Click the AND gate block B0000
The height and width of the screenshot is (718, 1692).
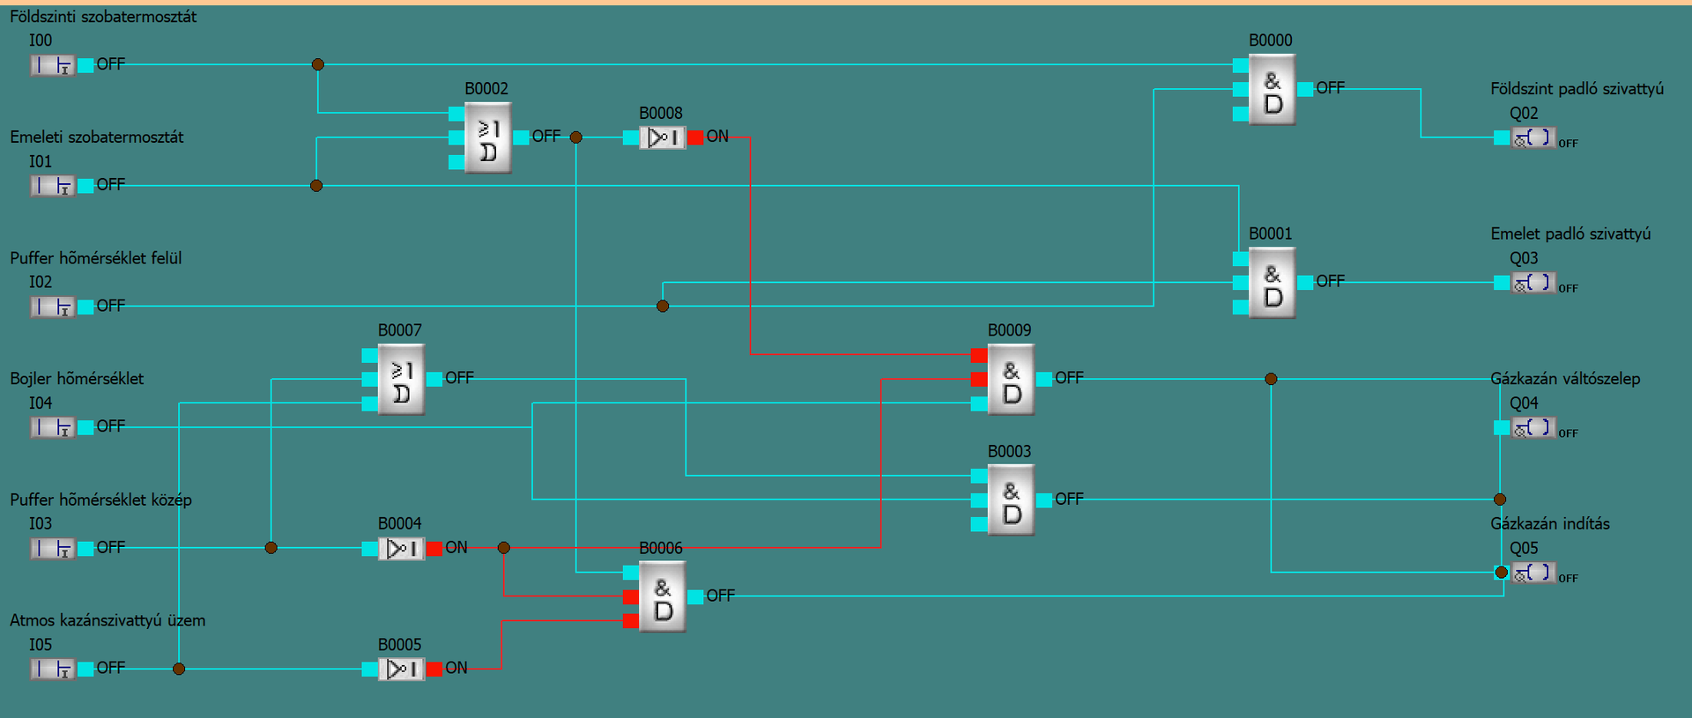click(1273, 90)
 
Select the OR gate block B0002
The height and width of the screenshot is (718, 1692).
click(488, 138)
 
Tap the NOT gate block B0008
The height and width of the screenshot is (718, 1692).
click(662, 137)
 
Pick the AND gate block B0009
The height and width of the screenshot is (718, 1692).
click(1011, 380)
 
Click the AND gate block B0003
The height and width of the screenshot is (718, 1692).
click(1011, 500)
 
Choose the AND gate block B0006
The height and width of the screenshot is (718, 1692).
click(663, 597)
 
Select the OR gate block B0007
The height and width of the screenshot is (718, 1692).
click(401, 380)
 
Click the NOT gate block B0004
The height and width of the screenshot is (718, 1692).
click(401, 549)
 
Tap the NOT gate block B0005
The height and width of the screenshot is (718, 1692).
click(401, 670)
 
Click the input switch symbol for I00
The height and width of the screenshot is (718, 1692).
click(53, 65)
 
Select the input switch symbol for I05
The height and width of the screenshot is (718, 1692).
click(53, 670)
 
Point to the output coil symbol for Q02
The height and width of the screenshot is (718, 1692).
click(1533, 138)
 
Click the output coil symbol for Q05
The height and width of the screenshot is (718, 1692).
click(1533, 574)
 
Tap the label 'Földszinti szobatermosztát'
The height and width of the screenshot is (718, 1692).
click(103, 17)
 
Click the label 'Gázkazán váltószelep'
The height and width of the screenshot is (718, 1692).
click(1565, 379)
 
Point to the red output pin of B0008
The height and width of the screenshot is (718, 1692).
click(695, 137)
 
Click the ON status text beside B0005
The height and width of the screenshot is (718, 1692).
click(456, 668)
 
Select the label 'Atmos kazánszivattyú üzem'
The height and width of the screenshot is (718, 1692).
click(108, 620)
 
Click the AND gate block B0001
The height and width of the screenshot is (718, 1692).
click(1273, 283)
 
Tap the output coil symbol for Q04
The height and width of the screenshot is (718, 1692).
click(1533, 428)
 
